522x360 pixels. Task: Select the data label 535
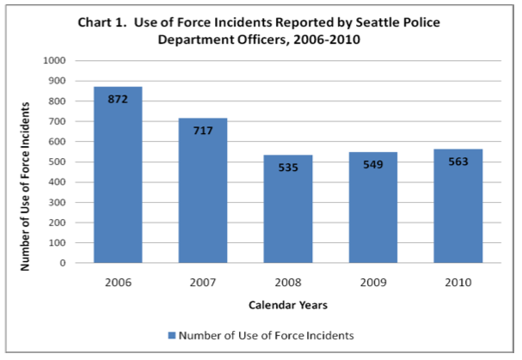(x=288, y=168)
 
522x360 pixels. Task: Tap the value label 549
(x=373, y=165)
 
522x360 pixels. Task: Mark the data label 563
(x=458, y=162)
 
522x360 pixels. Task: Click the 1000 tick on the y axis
(x=54, y=61)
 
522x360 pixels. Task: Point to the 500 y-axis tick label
(x=57, y=162)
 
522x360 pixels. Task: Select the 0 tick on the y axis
(x=64, y=263)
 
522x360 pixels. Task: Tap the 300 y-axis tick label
(x=57, y=203)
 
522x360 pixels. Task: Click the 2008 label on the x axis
(x=288, y=280)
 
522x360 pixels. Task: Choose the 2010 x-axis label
(x=458, y=280)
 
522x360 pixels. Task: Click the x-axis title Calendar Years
(x=287, y=305)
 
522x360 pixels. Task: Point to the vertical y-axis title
(x=28, y=186)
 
